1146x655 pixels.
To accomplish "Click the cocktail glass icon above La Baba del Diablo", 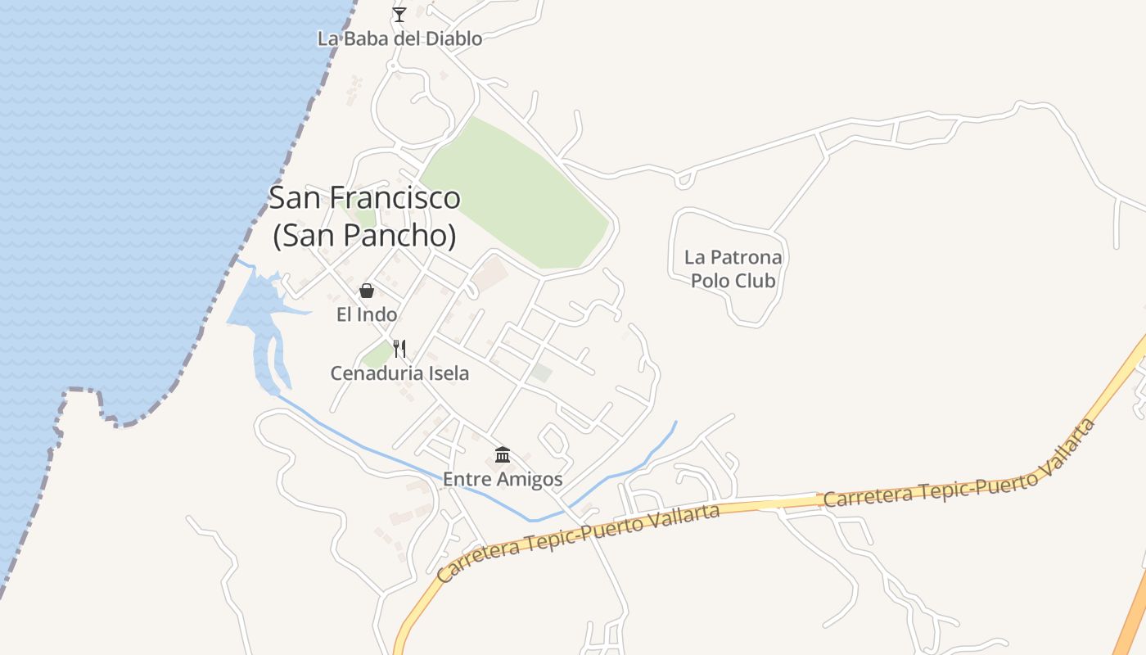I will click(x=399, y=14).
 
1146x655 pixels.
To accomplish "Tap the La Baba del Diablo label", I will click(x=399, y=38).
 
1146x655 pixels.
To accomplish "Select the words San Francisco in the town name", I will click(x=364, y=198).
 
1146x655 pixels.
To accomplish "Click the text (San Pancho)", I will click(x=364, y=236).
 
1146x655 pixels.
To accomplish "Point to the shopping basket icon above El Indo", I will click(x=367, y=291).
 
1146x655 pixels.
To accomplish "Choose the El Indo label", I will click(x=367, y=314).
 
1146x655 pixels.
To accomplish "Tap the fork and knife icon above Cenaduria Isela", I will click(x=399, y=349).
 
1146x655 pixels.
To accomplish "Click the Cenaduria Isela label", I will click(x=399, y=373).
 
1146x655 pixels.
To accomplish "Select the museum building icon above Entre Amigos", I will click(x=503, y=454).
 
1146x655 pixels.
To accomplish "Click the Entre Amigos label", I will click(x=503, y=479).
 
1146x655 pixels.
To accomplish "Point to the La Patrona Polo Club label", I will click(x=733, y=269).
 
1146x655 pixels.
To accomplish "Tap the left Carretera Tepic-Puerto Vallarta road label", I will click(x=578, y=542).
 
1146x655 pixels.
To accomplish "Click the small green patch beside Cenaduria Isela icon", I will click(x=377, y=355).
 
